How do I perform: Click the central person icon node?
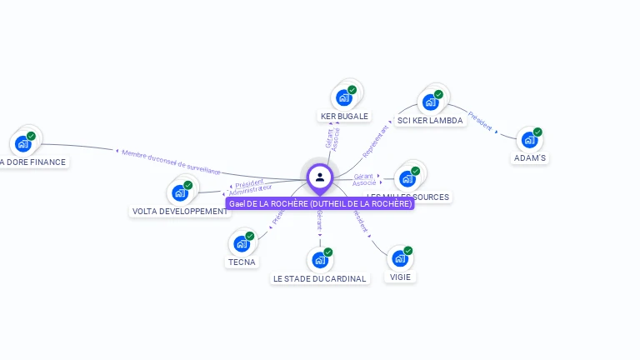click(x=320, y=177)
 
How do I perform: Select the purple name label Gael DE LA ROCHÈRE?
click(x=320, y=203)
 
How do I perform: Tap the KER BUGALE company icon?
click(x=343, y=97)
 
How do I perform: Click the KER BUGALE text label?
click(x=344, y=117)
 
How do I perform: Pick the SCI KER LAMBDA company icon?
click(x=431, y=102)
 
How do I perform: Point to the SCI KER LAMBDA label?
click(x=430, y=121)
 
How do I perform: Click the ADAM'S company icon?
click(x=529, y=140)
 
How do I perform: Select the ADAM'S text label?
click(x=529, y=158)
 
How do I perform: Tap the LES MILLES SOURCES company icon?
click(x=407, y=177)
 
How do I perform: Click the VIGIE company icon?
click(x=400, y=258)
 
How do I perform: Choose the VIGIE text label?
click(x=400, y=277)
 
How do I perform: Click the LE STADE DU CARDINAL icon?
click(x=320, y=260)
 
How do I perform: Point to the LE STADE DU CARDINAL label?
click(x=320, y=279)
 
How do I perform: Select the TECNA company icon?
click(x=242, y=243)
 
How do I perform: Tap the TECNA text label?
click(x=242, y=262)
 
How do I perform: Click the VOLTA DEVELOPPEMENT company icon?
click(x=180, y=192)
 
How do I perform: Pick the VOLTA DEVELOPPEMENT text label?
click(x=180, y=212)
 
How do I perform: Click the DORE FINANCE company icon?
click(x=23, y=143)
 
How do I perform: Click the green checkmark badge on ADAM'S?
click(x=537, y=132)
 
